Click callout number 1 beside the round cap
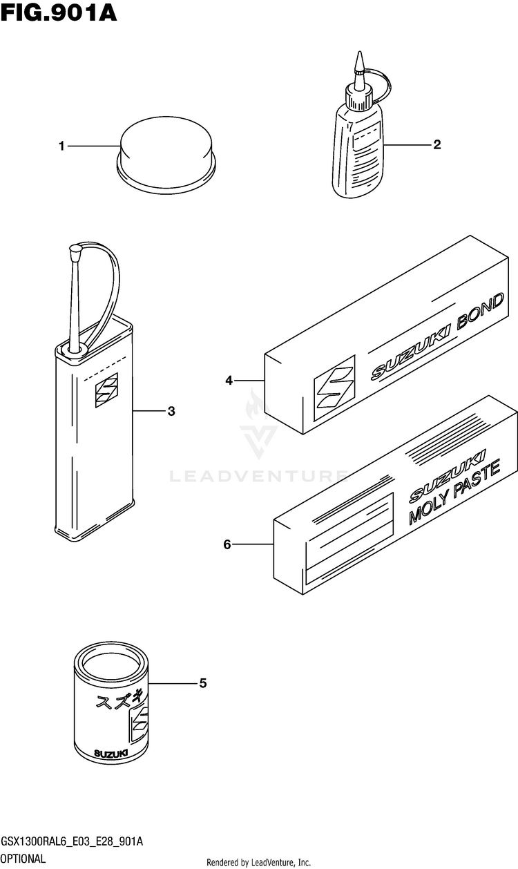61,146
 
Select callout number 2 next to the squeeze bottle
437,144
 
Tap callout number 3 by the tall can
171,411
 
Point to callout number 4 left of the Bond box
228,380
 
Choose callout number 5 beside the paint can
202,683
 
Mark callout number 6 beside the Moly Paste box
227,545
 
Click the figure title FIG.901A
59,13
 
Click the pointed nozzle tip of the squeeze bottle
358,61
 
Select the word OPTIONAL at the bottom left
23,859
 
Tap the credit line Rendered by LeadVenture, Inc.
259,862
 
